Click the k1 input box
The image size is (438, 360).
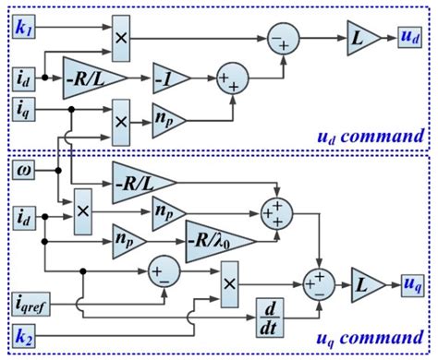pos(23,30)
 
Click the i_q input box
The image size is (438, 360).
pos(23,109)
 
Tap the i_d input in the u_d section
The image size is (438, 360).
pos(23,75)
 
